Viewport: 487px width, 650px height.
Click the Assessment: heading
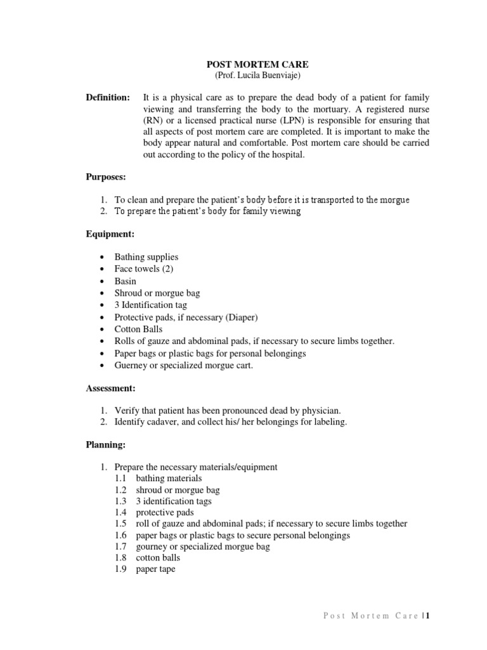point(111,388)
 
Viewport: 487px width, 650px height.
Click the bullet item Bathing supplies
point(146,257)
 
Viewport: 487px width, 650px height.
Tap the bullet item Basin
point(125,281)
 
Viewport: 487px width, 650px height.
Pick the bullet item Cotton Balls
point(138,329)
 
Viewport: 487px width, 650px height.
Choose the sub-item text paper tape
point(155,569)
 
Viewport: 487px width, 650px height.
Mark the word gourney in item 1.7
point(152,547)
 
